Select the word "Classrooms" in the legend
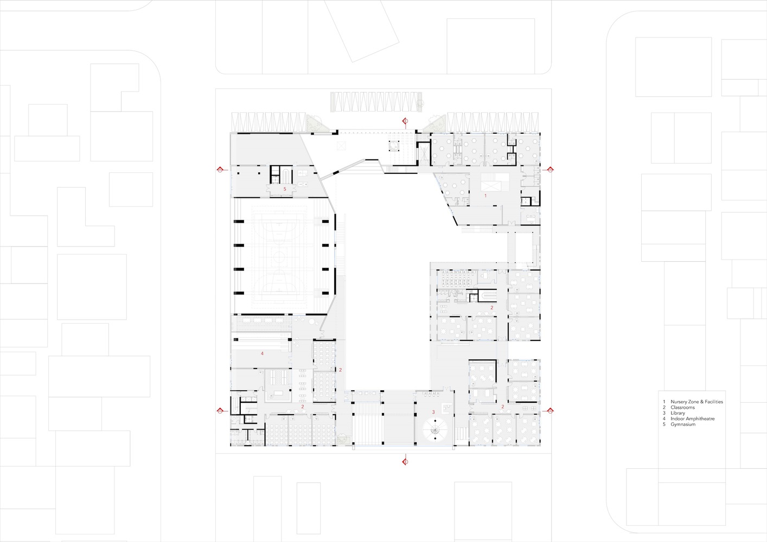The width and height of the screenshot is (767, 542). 682,408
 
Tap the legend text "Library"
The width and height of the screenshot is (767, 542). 677,413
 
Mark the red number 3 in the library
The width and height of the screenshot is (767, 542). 433,412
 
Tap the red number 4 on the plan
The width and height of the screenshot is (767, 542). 262,353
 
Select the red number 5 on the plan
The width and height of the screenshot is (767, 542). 285,189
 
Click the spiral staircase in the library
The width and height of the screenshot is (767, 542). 435,431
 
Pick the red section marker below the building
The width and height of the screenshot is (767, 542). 405,461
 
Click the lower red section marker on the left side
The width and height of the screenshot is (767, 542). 220,410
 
